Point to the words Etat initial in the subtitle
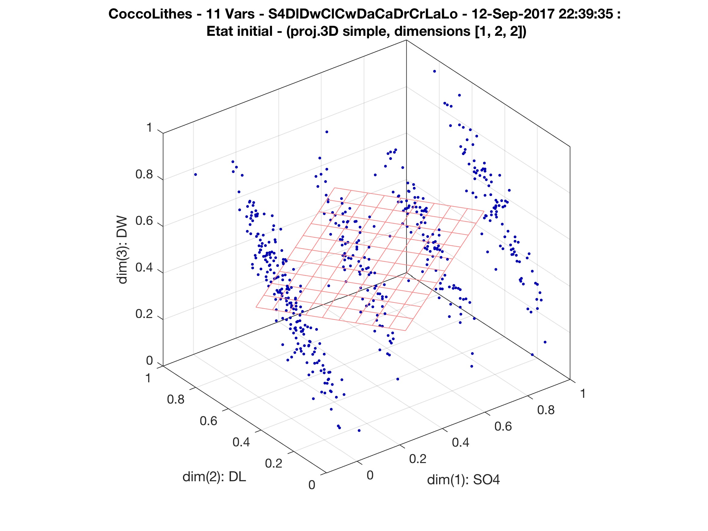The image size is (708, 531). pos(239,31)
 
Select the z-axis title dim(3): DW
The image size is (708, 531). pos(123,250)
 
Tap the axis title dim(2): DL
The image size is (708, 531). pos(214,477)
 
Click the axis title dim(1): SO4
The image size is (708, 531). pos(463,480)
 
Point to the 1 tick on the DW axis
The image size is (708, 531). pos(149,128)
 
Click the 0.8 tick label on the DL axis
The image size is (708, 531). pos(176,399)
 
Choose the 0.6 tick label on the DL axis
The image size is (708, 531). pos(208,421)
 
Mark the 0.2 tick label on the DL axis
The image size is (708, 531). pos(274,463)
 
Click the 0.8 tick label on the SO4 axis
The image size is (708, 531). pos(546,410)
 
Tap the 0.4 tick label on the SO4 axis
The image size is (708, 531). pos(461,443)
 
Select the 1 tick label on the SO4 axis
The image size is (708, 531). pos(583,394)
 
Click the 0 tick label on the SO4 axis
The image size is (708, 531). pos(370,475)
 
